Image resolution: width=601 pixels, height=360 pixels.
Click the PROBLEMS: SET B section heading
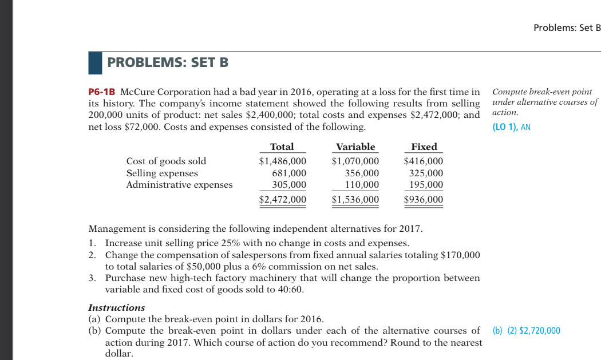[x=168, y=62]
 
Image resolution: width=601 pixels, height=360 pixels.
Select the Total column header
[x=282, y=147]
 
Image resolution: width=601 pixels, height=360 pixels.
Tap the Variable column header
[x=355, y=147]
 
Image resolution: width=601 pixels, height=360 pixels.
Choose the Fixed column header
[x=424, y=147]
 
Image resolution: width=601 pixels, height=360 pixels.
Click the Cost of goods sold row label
[x=166, y=161]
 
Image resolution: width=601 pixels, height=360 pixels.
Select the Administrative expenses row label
[x=179, y=184]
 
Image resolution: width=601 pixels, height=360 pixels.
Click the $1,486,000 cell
[x=282, y=161]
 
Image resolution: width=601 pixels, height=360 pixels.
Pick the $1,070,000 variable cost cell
[x=355, y=161]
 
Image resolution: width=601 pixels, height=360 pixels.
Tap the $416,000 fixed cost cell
[x=424, y=161]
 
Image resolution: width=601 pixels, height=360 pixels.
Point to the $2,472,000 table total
[x=282, y=199]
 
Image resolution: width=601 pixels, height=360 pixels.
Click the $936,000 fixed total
[x=424, y=199]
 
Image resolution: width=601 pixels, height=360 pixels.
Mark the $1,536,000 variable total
[x=355, y=199]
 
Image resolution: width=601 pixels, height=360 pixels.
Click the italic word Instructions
[x=116, y=307]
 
